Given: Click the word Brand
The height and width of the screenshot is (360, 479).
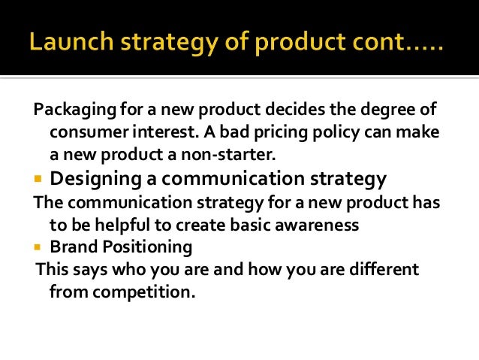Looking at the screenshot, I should click(71, 247).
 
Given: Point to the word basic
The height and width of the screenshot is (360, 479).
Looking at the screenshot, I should click(248, 225).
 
